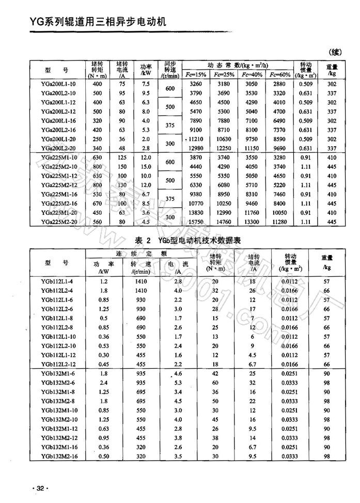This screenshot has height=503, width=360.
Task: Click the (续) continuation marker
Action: tap(335, 52)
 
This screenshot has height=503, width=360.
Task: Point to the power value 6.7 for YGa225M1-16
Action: tap(145, 194)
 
